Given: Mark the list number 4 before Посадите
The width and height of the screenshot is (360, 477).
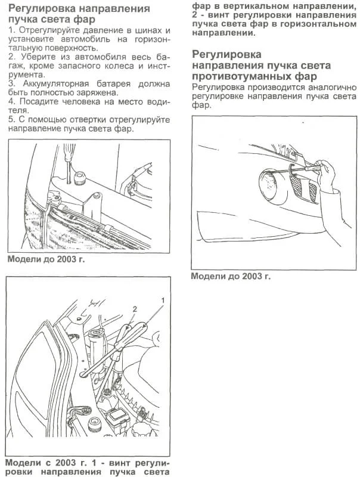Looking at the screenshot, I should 10,101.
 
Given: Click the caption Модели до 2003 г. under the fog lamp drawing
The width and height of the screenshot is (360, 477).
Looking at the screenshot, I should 231,277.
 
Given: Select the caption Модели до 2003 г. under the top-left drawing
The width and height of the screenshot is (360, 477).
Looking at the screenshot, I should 46,261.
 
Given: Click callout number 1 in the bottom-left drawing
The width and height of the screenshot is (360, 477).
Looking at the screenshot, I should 161,297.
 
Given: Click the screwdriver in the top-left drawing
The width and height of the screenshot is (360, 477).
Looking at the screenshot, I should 67,161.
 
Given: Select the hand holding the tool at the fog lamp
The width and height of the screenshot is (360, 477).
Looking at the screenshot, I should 327,179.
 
